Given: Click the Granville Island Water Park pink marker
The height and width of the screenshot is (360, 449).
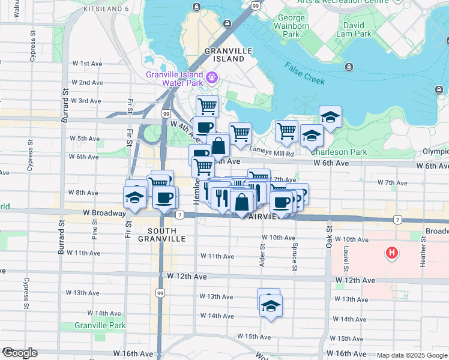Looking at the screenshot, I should (211, 77).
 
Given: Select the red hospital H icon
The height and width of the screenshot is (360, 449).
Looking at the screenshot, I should (392, 254).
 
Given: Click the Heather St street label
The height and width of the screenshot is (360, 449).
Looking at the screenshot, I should (423, 247).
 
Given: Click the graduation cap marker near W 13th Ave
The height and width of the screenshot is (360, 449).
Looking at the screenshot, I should (271, 306).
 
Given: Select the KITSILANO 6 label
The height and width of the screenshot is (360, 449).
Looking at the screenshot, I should (106, 9).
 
